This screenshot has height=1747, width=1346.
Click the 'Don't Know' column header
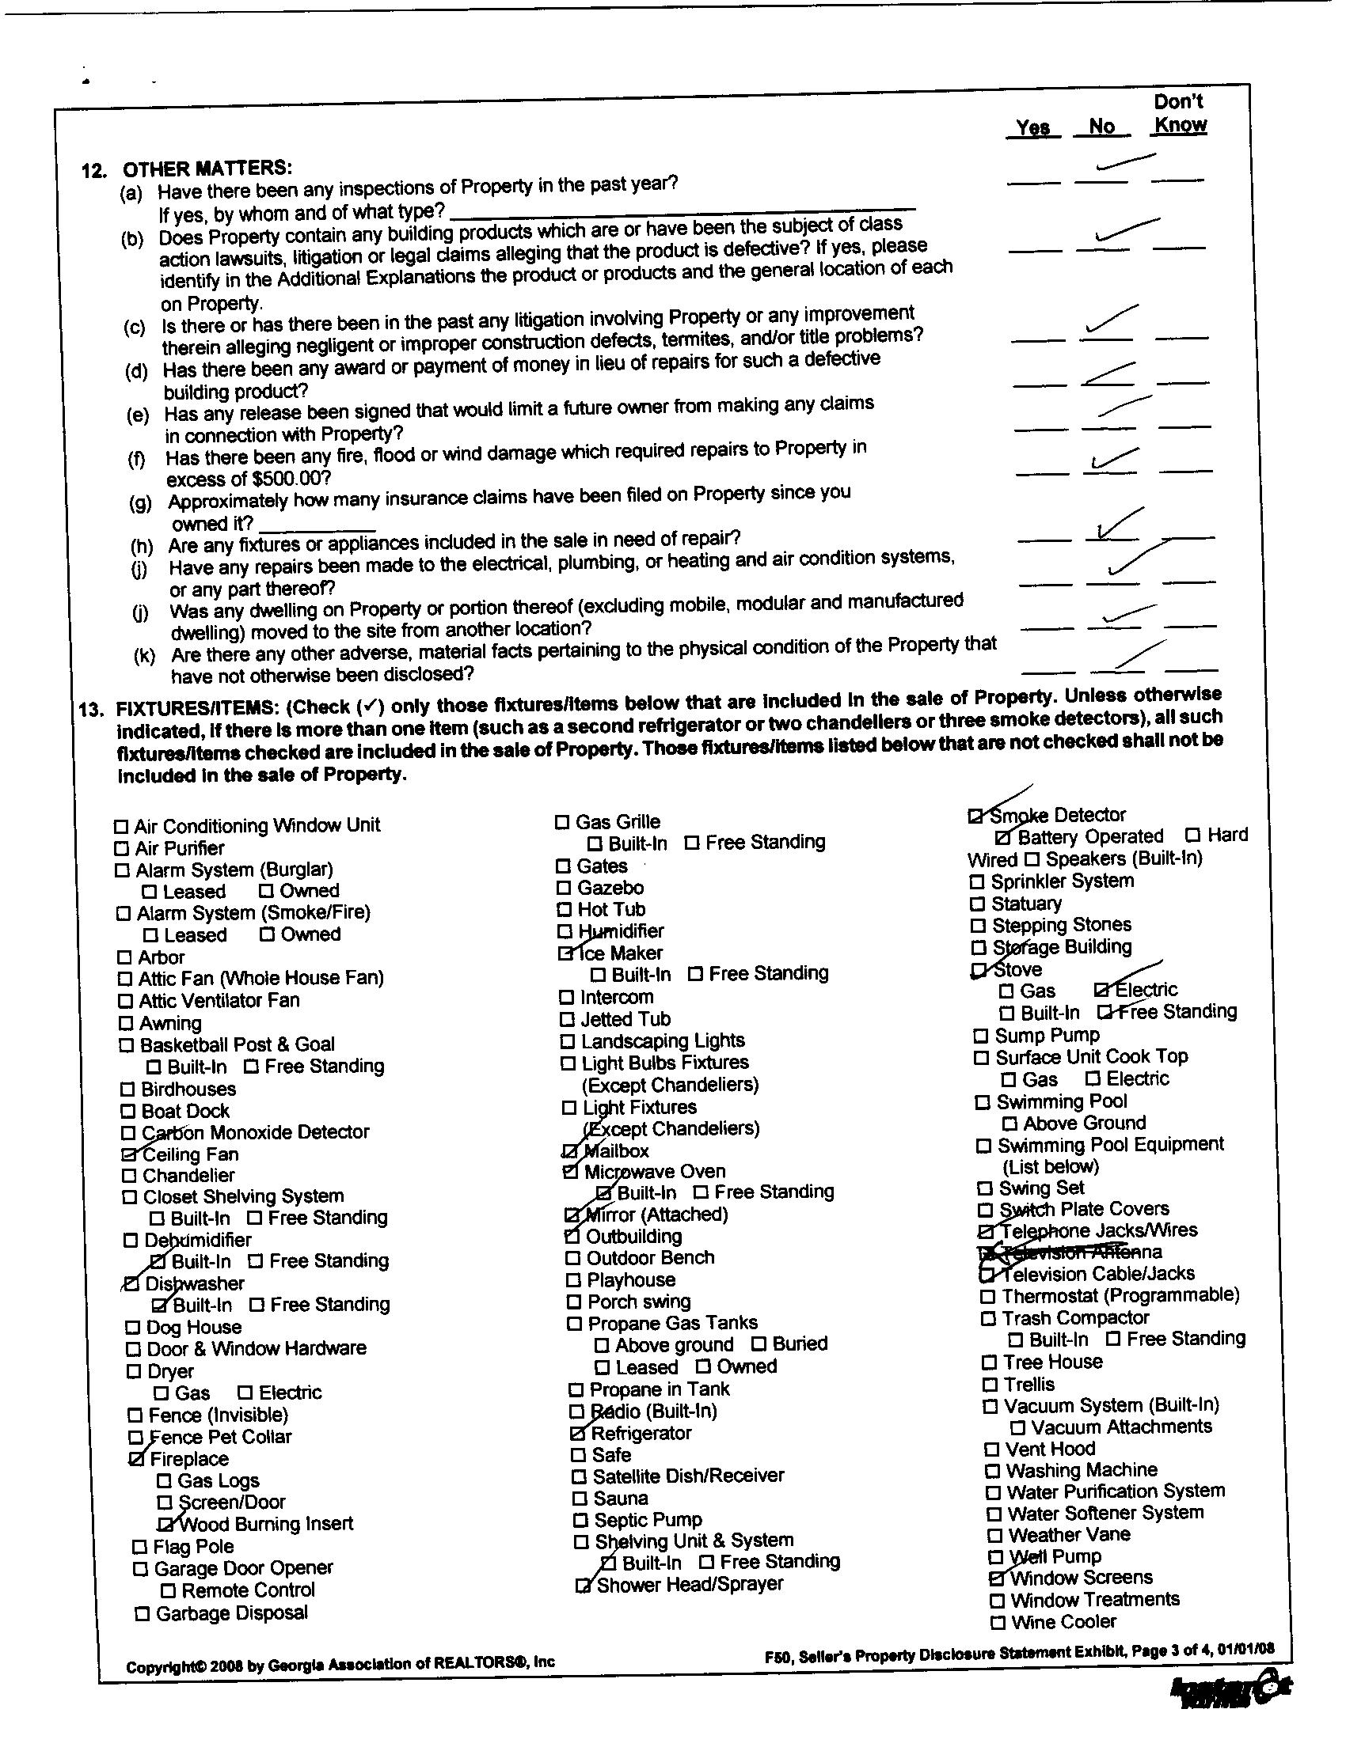1179,114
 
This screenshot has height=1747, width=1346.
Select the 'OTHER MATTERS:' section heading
207,169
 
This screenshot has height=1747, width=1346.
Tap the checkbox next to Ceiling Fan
128,1154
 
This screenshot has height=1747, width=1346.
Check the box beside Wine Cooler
997,1623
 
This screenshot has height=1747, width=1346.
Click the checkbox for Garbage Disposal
142,1614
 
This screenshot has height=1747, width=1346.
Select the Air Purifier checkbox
122,849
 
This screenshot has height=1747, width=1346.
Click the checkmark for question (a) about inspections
1124,162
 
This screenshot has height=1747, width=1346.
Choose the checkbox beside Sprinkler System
976,882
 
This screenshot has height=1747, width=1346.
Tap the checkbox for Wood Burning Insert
165,1525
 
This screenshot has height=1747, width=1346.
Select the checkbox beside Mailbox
570,1152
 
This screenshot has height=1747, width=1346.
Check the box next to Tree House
989,1362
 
